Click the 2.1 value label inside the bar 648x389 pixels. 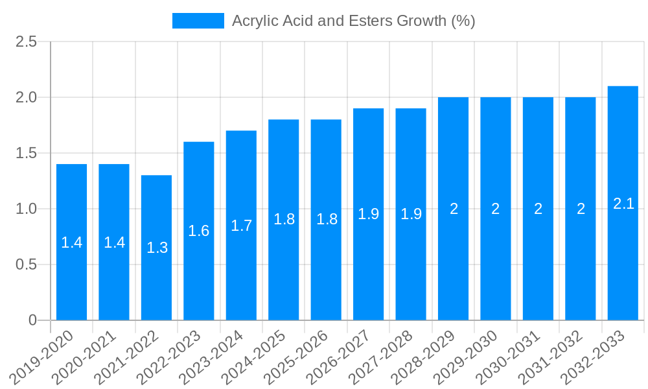[623, 204]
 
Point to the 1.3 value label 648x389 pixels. [157, 248]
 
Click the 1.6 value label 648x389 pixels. [199, 231]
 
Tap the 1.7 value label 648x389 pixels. [241, 226]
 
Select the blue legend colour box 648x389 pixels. [198, 21]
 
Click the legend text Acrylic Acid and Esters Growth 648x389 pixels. [353, 21]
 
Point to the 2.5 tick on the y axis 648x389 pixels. [27, 42]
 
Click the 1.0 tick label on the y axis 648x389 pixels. [27, 209]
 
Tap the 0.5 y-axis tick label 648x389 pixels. [27, 265]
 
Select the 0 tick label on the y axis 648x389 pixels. [33, 320]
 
